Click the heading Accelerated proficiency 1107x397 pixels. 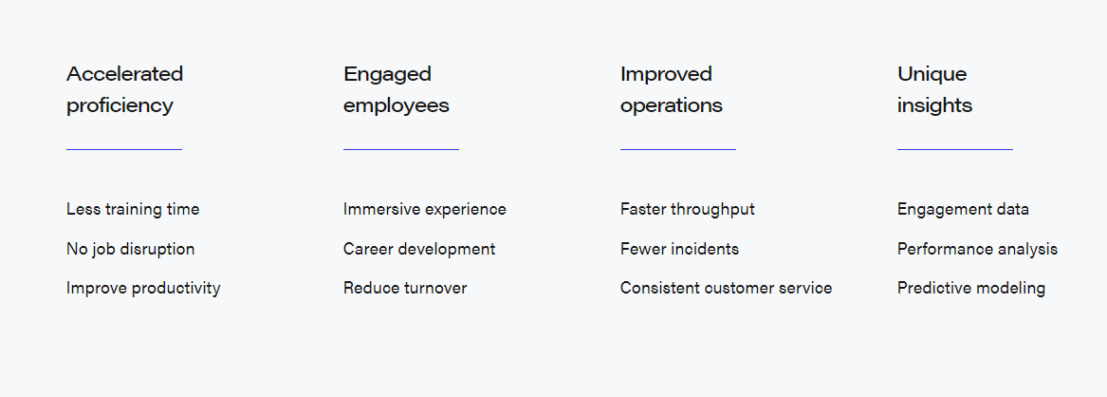tap(125, 89)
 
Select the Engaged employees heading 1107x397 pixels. tap(397, 89)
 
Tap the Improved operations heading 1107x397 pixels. tap(672, 89)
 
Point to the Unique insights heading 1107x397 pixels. tap(934, 89)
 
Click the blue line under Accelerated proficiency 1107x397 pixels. tap(124, 149)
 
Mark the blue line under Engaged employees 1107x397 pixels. tap(401, 149)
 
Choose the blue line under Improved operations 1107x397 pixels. tap(677, 149)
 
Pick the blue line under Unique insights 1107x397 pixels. tap(955, 149)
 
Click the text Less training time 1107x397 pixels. tap(133, 210)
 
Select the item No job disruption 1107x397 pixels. tap(131, 250)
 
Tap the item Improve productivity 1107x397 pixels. tap(143, 289)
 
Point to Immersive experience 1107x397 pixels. tap(425, 210)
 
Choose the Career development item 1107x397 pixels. tap(419, 250)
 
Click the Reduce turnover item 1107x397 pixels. tap(405, 288)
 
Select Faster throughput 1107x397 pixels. tap(688, 210)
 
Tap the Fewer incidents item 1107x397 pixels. tap(680, 249)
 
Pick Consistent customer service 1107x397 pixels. tap(727, 288)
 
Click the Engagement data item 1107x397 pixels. tap(963, 210)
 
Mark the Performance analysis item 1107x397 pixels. tap(978, 250)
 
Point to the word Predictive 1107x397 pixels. tap(929, 288)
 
